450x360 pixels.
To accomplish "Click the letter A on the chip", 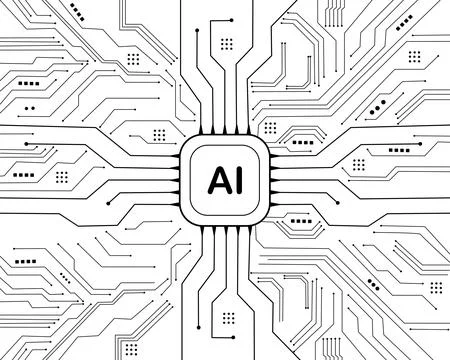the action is click(x=216, y=180).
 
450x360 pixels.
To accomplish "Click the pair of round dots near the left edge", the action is click(x=29, y=105).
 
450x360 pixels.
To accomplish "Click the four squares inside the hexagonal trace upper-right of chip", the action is click(x=300, y=134).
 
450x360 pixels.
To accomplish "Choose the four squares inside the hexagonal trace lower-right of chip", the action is click(x=300, y=226).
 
